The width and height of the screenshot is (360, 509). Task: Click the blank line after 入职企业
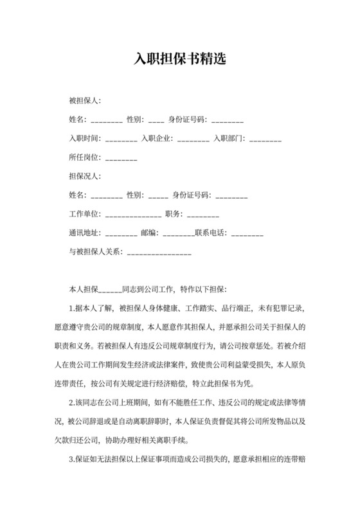[193, 139]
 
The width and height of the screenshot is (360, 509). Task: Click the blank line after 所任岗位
[121, 158]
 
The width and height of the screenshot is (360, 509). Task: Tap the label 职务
[175, 213]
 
